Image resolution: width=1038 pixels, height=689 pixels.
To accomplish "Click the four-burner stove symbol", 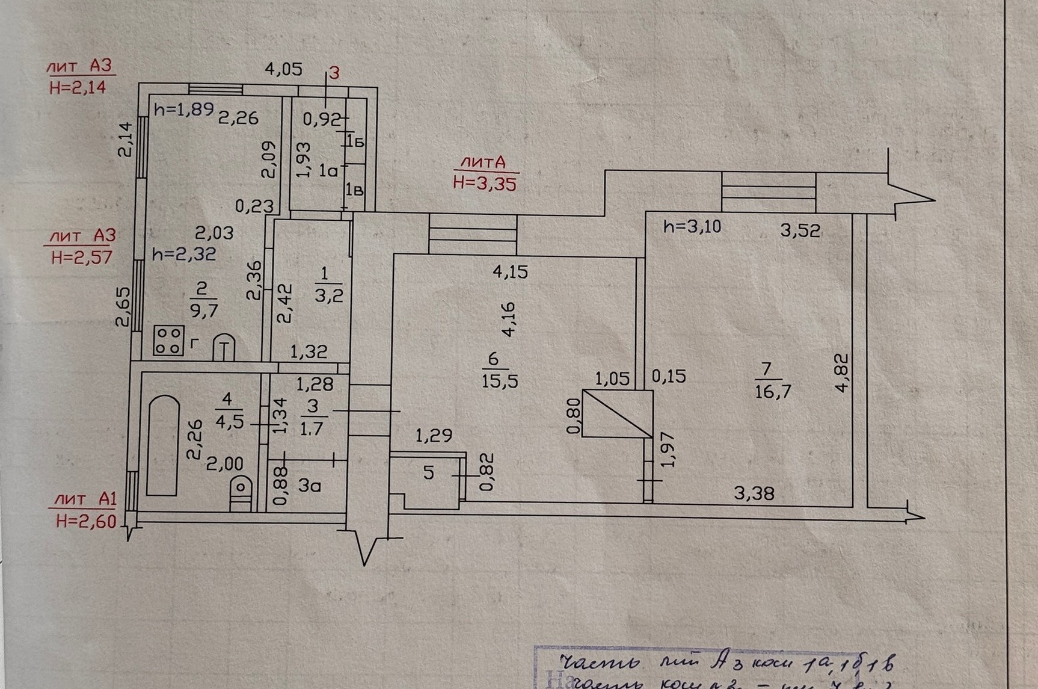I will tap(168, 341).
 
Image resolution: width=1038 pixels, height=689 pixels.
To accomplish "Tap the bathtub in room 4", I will tap(163, 445).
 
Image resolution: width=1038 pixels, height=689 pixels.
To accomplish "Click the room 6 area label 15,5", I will tap(499, 381).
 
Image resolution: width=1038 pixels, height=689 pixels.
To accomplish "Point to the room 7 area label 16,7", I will tap(773, 392).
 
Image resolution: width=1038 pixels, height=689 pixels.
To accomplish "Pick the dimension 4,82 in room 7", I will tap(843, 372).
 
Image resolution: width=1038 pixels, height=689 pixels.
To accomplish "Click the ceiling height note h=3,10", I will tap(692, 227).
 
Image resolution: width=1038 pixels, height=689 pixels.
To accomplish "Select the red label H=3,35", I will tap(484, 184).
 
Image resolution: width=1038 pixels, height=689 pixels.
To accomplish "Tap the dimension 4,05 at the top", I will tap(284, 69).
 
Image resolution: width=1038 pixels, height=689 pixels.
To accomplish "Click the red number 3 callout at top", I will tap(334, 73).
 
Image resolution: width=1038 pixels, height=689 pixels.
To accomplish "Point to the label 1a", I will tap(328, 171).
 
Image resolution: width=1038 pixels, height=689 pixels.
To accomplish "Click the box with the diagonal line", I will tap(618, 413).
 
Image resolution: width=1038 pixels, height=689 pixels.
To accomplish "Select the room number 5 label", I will tap(428, 472).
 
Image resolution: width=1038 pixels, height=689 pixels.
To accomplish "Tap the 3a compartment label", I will tap(309, 485).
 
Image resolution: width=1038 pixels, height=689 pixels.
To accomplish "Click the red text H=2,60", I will tap(86, 521).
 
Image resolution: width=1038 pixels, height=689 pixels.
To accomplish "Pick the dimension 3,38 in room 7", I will tap(754, 493).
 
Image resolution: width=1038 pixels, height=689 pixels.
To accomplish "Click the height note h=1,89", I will tap(184, 110).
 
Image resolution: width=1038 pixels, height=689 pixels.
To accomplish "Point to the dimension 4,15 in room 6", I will tap(510, 272).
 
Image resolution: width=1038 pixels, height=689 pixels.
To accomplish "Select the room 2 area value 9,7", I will tap(204, 311).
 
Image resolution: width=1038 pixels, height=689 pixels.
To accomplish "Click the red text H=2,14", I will tap(78, 87).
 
